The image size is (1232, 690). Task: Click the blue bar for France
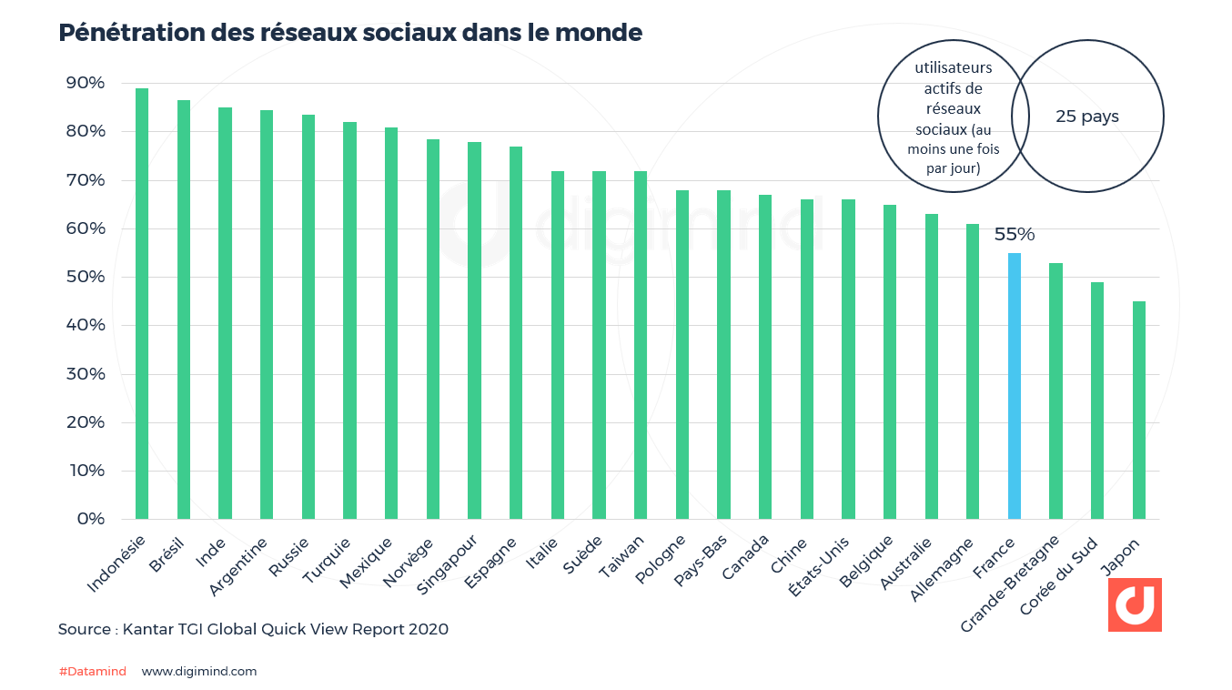tap(1014, 386)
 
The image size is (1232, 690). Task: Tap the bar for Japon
tap(1138, 410)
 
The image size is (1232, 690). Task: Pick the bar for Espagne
tap(516, 332)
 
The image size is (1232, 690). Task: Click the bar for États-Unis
tap(848, 359)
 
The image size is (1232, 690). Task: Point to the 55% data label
tap(1014, 235)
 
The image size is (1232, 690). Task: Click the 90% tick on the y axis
tap(85, 83)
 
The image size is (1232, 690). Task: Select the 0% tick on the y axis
tap(89, 519)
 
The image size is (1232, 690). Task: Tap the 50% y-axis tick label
tap(85, 277)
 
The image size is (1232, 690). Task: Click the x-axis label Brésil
tap(167, 554)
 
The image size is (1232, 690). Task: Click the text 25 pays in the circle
tap(1087, 117)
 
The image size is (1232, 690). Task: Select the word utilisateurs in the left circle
tap(953, 68)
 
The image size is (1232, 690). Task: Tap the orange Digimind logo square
tap(1134, 604)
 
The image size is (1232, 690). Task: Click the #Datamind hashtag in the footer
tap(92, 672)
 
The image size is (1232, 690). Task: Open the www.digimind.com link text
tap(199, 672)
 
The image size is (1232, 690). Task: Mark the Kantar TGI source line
tap(253, 629)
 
